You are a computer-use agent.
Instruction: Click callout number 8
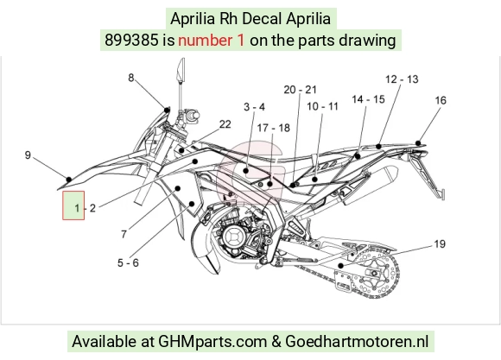[x=131, y=78]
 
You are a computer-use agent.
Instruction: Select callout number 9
[x=28, y=155]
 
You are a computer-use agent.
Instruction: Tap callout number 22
[x=225, y=124]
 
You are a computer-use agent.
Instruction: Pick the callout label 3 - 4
[x=254, y=107]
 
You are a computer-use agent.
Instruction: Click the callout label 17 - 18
[x=274, y=128]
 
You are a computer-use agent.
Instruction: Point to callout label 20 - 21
[x=300, y=90]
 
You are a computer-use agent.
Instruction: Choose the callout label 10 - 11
[x=322, y=107]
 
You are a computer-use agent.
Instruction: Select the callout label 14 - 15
[x=368, y=99]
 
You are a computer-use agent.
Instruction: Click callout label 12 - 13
[x=402, y=79]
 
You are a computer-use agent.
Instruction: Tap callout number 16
[x=441, y=100]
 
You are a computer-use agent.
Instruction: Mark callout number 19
[x=440, y=244]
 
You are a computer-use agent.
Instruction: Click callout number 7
[x=124, y=235]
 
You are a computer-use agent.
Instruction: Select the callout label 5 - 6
[x=128, y=263]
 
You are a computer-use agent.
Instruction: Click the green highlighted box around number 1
[x=73, y=205]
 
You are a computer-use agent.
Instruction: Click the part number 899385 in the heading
[x=131, y=41]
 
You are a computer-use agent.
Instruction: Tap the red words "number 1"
[x=212, y=41]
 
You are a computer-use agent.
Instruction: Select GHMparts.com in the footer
[x=212, y=342]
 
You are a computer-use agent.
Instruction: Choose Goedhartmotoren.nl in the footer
[x=357, y=342]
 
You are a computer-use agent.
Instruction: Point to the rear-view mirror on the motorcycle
[x=181, y=69]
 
